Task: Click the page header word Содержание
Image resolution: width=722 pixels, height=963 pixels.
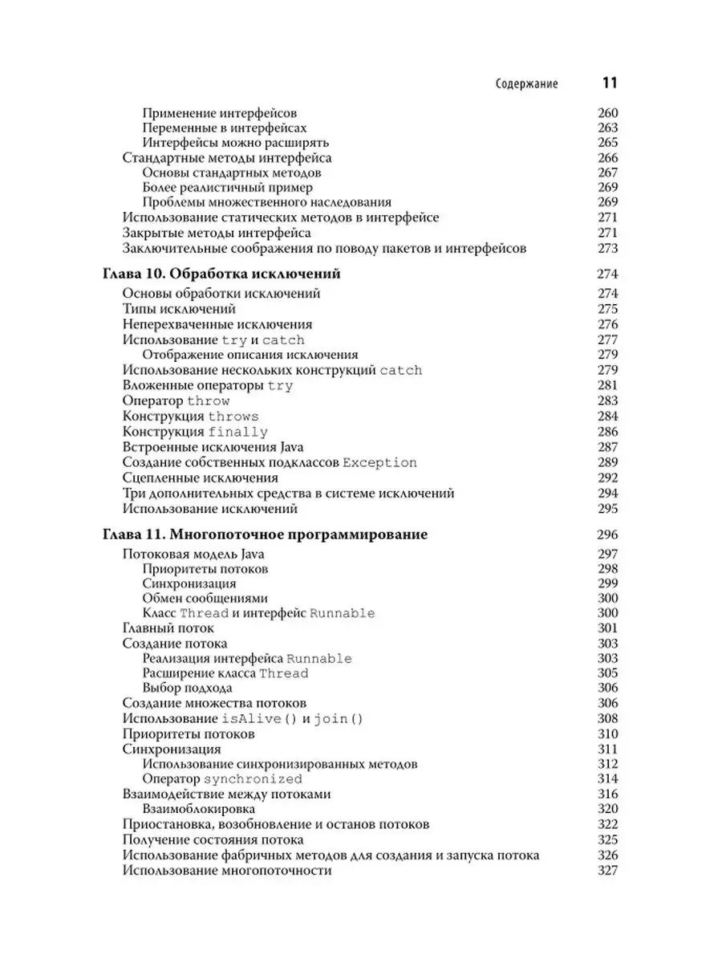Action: pos(526,83)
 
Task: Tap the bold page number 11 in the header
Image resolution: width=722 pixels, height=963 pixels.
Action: pos(609,83)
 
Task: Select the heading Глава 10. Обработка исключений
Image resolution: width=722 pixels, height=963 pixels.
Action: pos(221,274)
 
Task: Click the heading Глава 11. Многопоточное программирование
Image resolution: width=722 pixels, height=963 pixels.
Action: pos(265,534)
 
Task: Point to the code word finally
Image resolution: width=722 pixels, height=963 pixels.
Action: pos(238,432)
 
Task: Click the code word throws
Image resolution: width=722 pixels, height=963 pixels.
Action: pos(233,416)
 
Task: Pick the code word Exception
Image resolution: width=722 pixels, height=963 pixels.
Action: pos(379,463)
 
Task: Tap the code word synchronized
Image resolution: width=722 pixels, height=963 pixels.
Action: pos(253,779)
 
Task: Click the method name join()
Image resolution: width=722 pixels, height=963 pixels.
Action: pos(338,719)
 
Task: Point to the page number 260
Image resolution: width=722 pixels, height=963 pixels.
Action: pos(607,113)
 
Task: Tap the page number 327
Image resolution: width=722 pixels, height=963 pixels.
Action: pos(607,871)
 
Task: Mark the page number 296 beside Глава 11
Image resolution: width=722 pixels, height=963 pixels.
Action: pos(607,535)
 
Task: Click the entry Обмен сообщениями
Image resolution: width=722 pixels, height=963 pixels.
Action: pos(205,598)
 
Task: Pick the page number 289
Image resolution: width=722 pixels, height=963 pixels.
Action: pos(607,463)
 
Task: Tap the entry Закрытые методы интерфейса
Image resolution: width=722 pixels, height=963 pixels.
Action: pos(217,234)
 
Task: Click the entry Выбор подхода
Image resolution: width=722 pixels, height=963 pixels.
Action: pos(187,688)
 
